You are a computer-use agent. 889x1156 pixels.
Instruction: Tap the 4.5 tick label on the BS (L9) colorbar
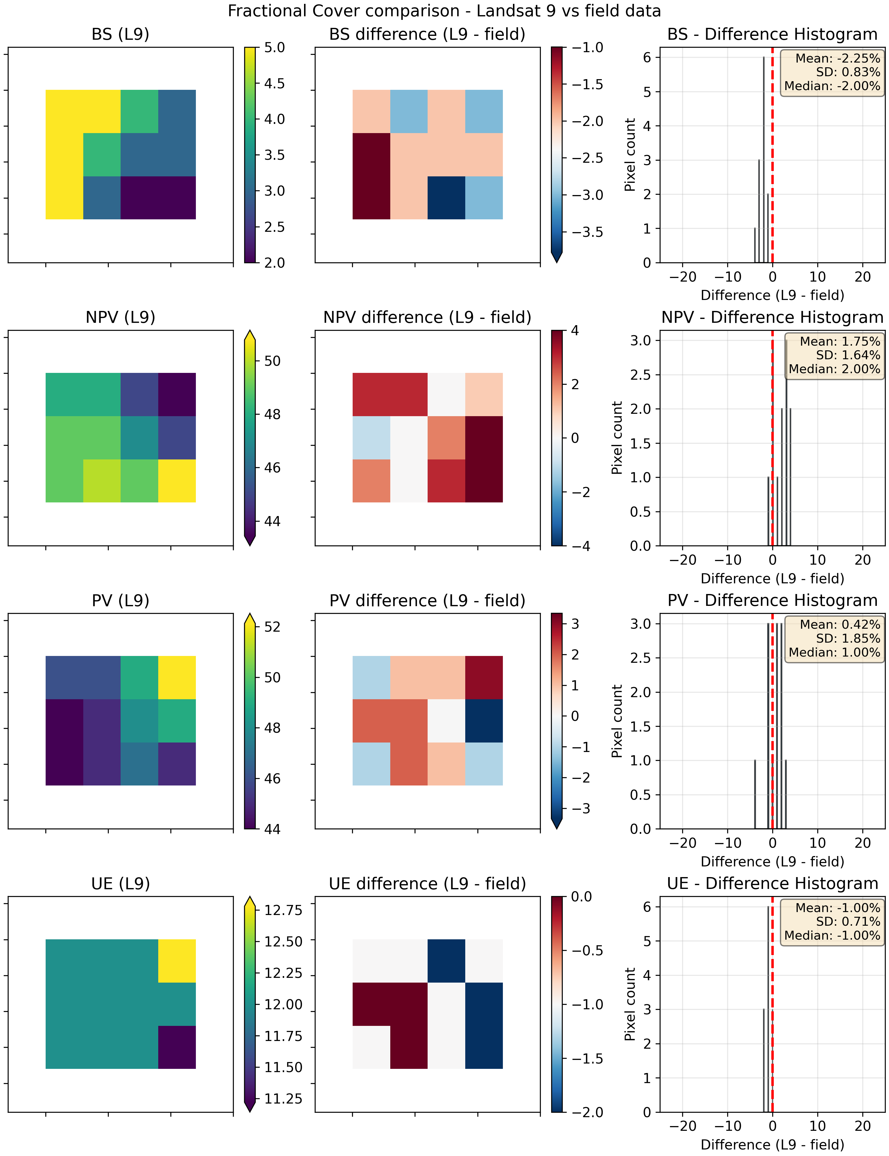coord(274,84)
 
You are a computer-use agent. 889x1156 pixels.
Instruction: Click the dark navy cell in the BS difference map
coord(446,197)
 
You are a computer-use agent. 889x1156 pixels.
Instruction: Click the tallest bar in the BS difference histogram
coord(764,159)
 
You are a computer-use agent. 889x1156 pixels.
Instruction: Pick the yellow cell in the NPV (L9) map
coord(177,480)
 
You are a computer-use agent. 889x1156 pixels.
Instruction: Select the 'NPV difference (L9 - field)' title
coord(427,317)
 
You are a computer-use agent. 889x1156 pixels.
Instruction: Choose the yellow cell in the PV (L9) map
coord(177,678)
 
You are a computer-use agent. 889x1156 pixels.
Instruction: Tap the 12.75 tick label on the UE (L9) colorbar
coord(283,910)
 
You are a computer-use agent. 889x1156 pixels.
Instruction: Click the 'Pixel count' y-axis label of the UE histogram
coord(630,1004)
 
